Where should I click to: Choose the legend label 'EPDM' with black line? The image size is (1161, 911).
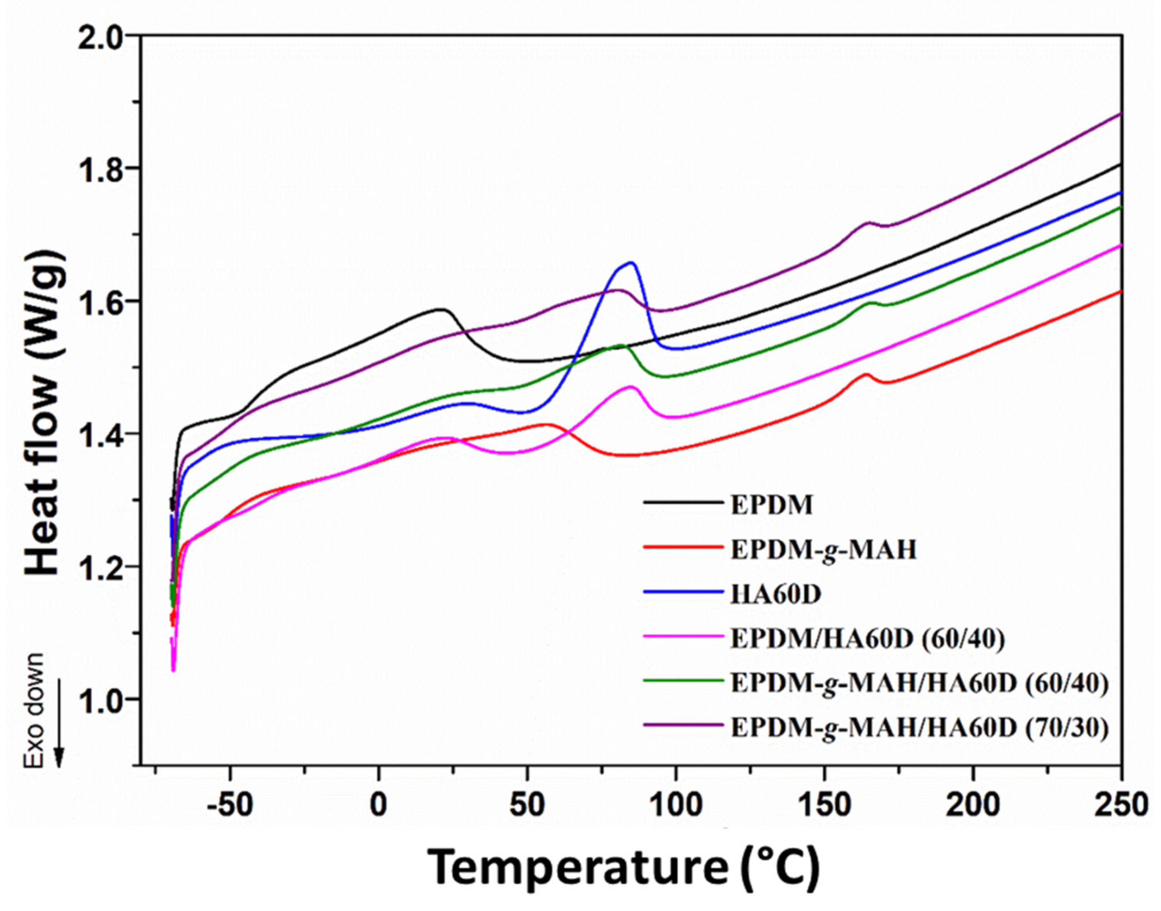coord(772,505)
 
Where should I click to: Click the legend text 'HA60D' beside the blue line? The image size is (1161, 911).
coord(775,595)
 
